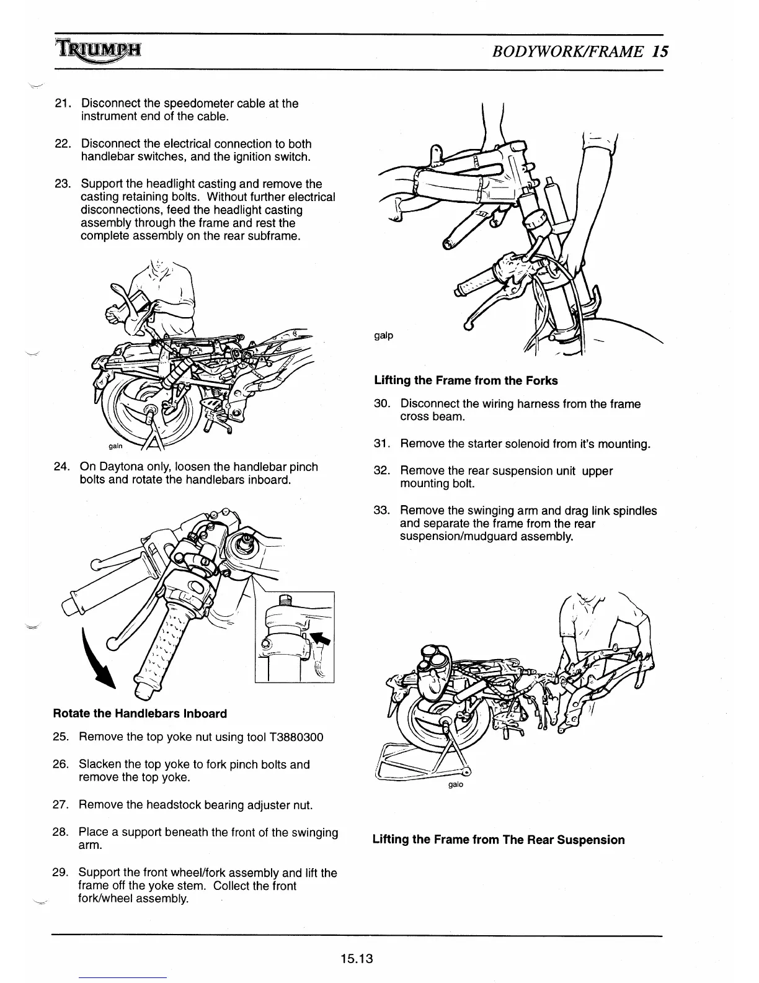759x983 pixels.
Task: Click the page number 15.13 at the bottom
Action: pyautogui.click(x=355, y=959)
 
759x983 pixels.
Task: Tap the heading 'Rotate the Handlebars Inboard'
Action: pyautogui.click(x=140, y=714)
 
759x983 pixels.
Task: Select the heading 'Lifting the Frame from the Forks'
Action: pyautogui.click(x=466, y=380)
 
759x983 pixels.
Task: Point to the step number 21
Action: pyautogui.click(x=64, y=104)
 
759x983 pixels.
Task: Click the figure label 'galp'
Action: pyautogui.click(x=383, y=336)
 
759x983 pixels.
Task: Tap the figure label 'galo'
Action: pyautogui.click(x=455, y=784)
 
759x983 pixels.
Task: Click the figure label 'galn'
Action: pyautogui.click(x=116, y=446)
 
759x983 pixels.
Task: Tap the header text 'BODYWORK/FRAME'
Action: pyautogui.click(x=567, y=51)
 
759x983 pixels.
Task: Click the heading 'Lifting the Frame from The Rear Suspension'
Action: pyautogui.click(x=499, y=840)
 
